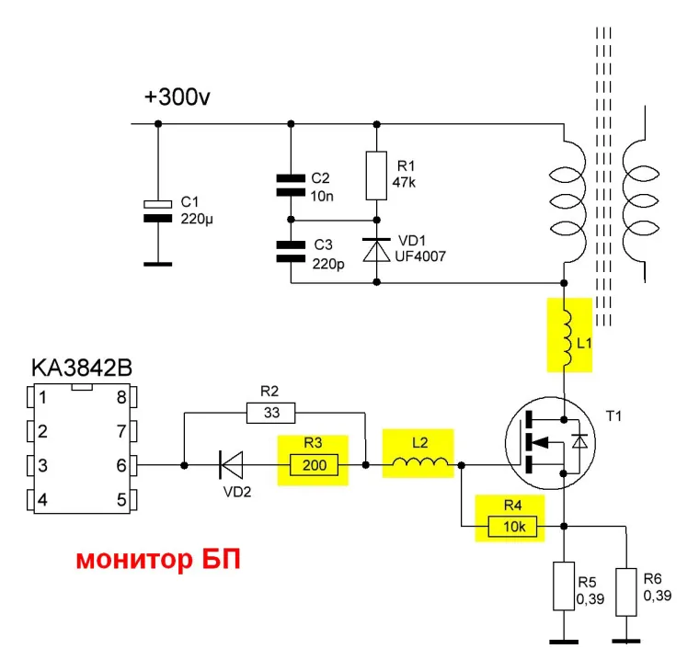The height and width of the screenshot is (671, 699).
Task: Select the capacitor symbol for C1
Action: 159,210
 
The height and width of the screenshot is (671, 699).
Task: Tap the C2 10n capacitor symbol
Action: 291,185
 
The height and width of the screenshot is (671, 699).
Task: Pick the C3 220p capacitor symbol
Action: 291,250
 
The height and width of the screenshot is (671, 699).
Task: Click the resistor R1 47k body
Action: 375,175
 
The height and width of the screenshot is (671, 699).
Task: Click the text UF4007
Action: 421,256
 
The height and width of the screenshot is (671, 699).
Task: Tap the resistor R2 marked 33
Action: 271,413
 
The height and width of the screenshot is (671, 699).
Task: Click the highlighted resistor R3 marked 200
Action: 315,466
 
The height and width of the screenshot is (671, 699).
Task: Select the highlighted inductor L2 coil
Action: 419,464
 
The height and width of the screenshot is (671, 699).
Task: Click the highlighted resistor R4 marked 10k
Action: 509,526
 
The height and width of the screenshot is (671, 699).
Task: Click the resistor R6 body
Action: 627,592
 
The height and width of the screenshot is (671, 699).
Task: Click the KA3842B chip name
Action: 82,369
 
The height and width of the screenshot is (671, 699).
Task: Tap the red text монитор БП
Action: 158,559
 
